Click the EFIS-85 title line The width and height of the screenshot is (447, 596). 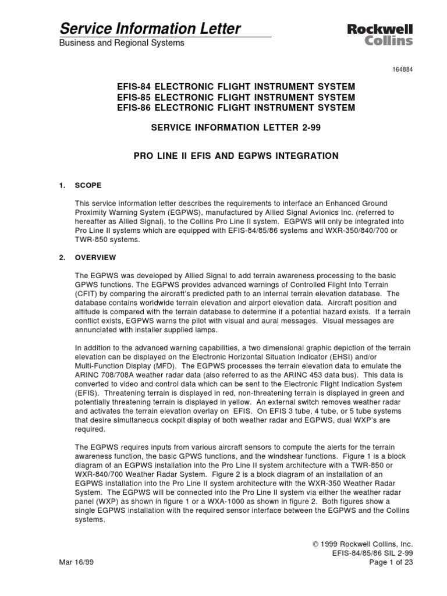pyautogui.click(x=236, y=97)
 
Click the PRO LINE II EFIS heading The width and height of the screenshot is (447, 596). pyautogui.click(x=236, y=156)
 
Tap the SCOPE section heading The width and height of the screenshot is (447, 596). pyautogui.click(x=88, y=186)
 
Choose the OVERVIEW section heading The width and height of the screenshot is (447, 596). pyautogui.click(x=95, y=257)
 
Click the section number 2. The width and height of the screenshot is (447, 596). pyautogui.click(x=62, y=257)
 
